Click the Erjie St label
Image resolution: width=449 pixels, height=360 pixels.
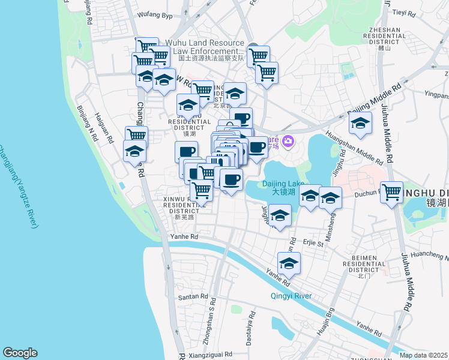313,244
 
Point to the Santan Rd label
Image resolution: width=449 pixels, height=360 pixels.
192,297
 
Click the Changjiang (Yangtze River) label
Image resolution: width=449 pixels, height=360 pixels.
18,186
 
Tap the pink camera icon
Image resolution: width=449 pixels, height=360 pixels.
288,141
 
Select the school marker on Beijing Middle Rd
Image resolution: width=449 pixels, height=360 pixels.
360,124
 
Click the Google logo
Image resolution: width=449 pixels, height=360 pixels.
20,353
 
